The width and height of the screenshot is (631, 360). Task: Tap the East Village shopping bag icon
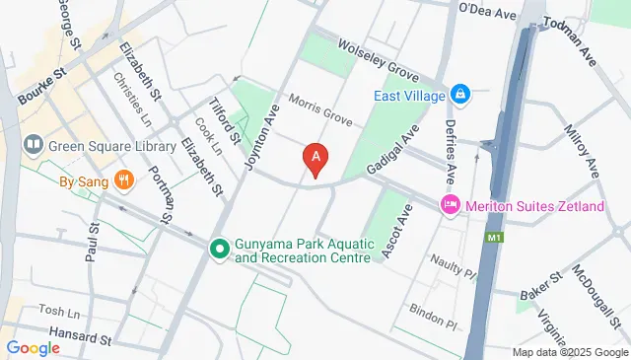pos(458,95)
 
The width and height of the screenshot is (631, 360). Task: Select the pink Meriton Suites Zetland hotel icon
pos(450,204)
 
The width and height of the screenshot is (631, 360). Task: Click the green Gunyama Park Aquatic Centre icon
pos(219,249)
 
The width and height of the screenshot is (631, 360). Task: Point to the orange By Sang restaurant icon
pos(123,180)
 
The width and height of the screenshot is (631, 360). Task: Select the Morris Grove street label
pos(320,110)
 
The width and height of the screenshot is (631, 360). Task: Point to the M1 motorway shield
pos(490,239)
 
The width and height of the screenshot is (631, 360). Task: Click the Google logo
pos(34,347)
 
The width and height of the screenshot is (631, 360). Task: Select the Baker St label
pos(540,287)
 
